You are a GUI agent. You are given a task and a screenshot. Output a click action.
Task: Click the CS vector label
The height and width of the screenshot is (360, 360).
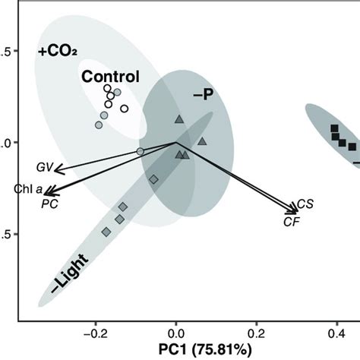tap(305, 204)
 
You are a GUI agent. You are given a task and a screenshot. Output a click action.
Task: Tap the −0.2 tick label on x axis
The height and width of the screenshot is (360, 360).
tap(95, 331)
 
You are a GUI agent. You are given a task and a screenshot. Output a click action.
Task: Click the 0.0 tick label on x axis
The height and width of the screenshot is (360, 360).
tap(176, 331)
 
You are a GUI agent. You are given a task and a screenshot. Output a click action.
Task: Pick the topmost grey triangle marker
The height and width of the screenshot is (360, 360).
tap(179, 118)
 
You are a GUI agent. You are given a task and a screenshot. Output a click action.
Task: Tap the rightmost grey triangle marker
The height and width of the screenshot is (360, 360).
tap(202, 141)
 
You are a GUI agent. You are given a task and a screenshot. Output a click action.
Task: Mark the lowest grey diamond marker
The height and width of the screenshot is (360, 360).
tap(106, 231)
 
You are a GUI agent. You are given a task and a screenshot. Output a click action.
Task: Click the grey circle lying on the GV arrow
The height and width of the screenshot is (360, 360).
tap(141, 152)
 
